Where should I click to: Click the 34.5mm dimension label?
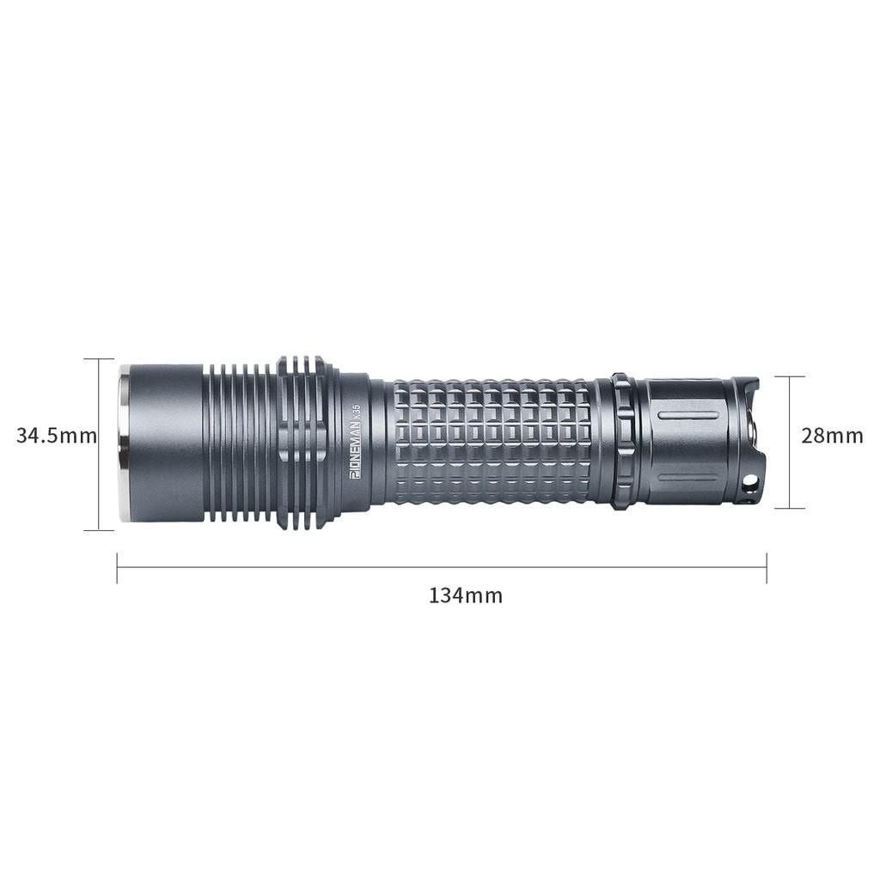pyautogui.click(x=56, y=436)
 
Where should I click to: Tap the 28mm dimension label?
pyautogui.click(x=832, y=436)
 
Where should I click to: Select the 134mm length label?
pyautogui.click(x=466, y=595)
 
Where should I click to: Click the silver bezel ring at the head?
pyautogui.click(x=125, y=443)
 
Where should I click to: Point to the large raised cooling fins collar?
pyautogui.click(x=302, y=442)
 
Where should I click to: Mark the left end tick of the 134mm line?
pyautogui.click(x=117, y=568)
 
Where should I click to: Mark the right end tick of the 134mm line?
pyautogui.click(x=766, y=568)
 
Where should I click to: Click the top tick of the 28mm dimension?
pyautogui.click(x=789, y=376)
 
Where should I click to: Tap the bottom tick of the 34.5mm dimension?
pyautogui.click(x=99, y=530)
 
